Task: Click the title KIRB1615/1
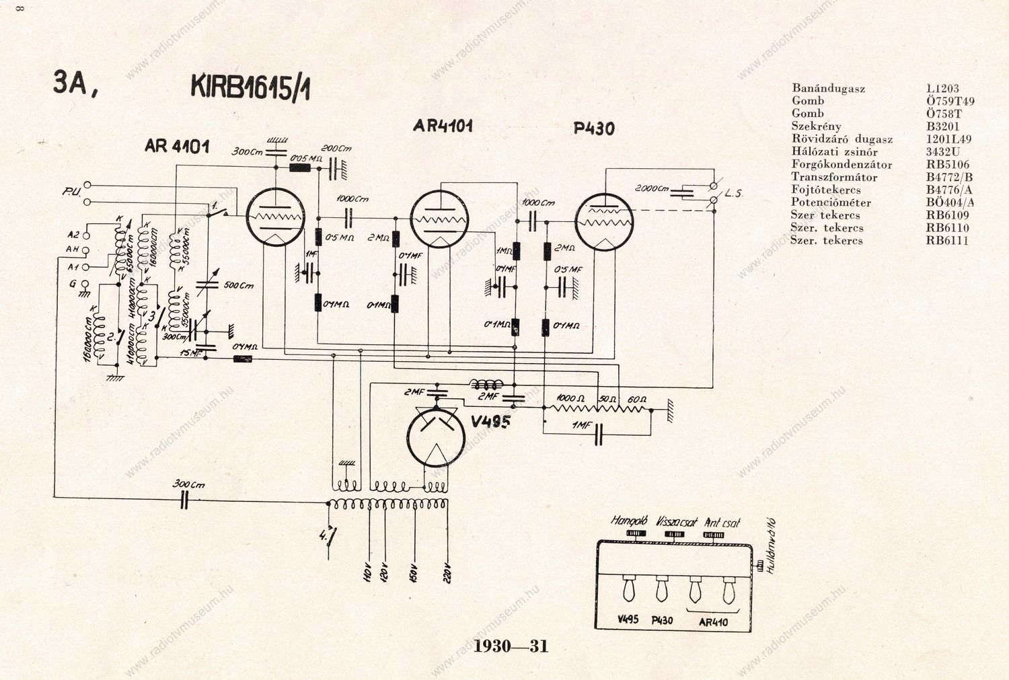[250, 87]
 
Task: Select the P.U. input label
[71, 192]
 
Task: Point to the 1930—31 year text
[511, 646]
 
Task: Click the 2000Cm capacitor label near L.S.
[652, 189]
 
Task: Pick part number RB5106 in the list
[947, 165]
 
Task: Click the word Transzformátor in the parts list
[834, 178]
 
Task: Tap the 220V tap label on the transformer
[447, 572]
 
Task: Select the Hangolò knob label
[629, 521]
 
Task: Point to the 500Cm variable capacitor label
[238, 286]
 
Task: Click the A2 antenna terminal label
[73, 235]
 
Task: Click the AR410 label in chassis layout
[713, 622]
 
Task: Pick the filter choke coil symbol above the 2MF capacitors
[486, 385]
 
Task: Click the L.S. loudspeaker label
[733, 194]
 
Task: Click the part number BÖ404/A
[950, 202]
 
